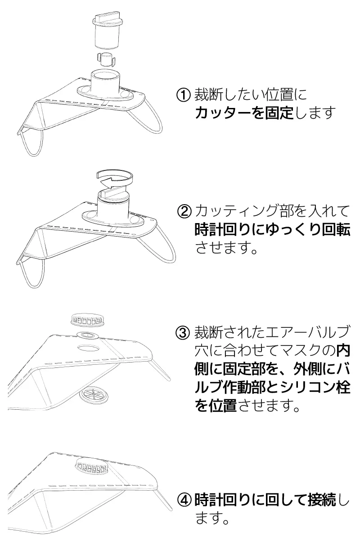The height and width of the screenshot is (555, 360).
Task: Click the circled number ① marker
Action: point(184,95)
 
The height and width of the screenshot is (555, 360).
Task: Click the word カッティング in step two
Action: point(229,210)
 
